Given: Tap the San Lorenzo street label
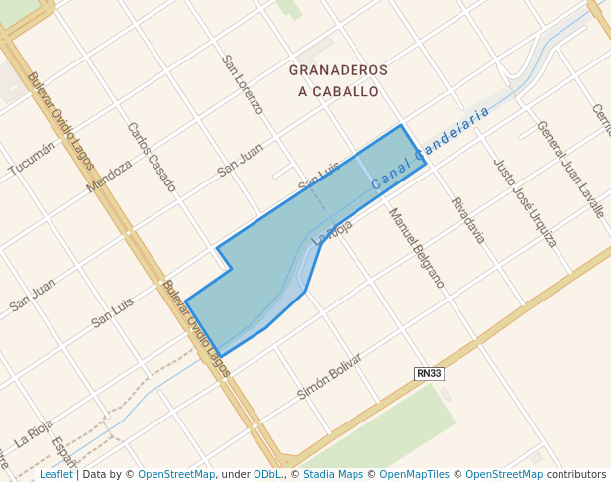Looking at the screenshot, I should [x=243, y=84].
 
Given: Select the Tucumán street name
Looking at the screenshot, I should [x=31, y=157].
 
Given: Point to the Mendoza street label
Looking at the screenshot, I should [x=109, y=177].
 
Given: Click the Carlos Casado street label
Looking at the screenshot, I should [x=152, y=157].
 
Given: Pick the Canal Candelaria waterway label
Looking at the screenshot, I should [x=432, y=149].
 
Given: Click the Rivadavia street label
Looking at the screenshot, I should [x=468, y=220].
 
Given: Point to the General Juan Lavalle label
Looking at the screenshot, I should [x=569, y=169].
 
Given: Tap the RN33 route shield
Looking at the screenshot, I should [x=428, y=373].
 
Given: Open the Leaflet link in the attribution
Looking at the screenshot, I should [x=55, y=475].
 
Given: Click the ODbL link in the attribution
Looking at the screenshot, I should [x=268, y=475].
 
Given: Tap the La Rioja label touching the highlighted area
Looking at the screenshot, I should [x=332, y=232].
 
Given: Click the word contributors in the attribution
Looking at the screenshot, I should [x=575, y=475].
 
